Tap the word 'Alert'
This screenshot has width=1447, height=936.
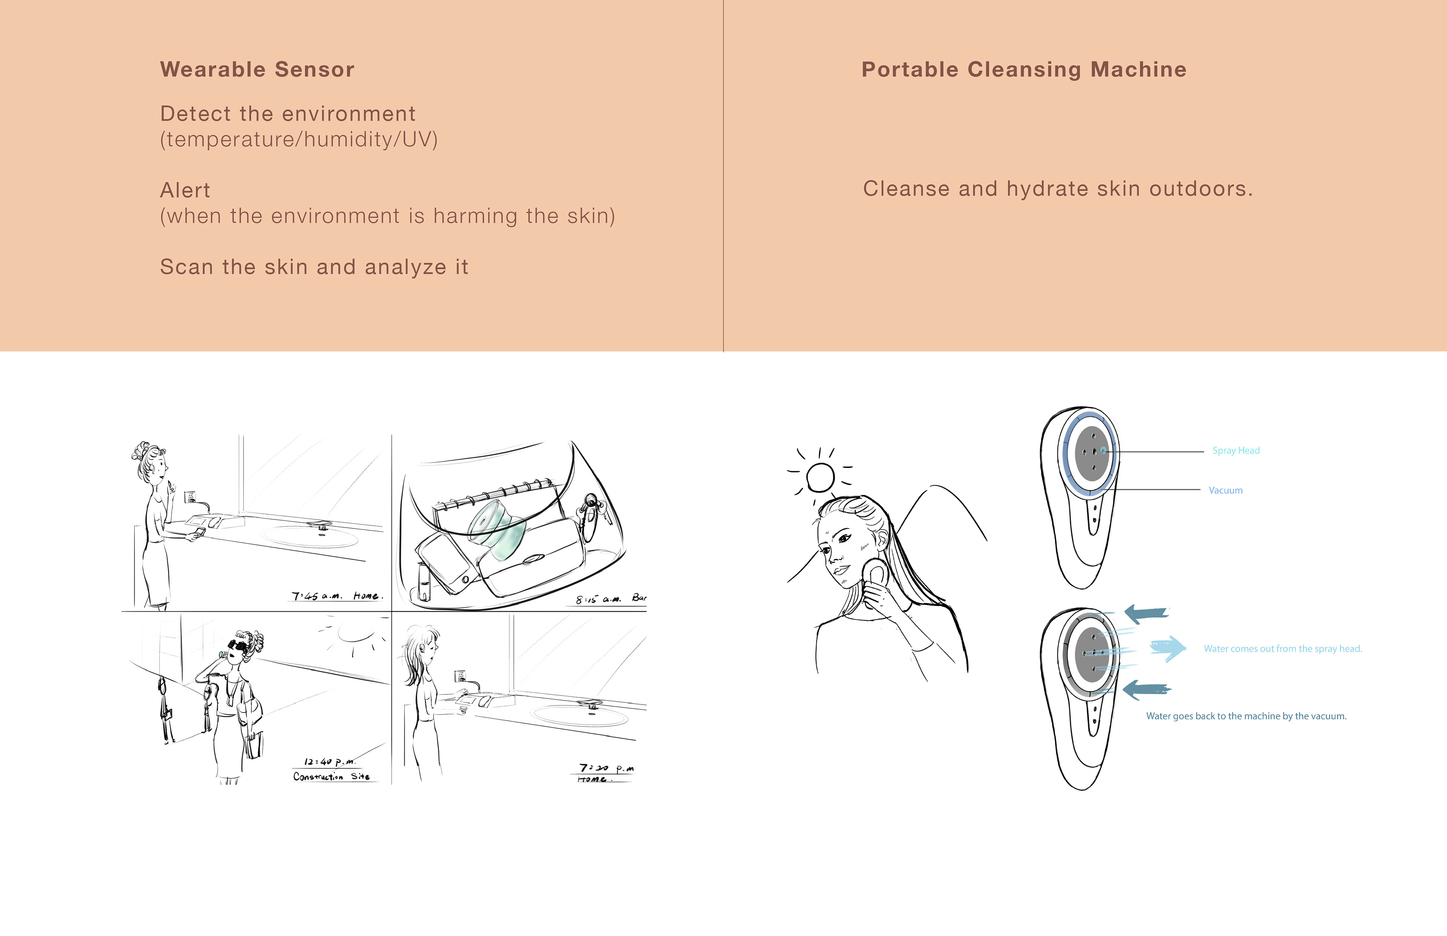coord(185,190)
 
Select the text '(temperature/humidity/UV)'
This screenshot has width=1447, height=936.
coord(298,139)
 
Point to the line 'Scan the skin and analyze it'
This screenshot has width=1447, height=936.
coord(314,267)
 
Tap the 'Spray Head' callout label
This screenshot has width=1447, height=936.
coord(1236,450)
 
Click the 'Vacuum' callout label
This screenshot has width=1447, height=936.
coord(1225,490)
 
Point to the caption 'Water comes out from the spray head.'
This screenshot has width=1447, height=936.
coord(1282,649)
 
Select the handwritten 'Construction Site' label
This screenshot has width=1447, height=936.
coord(331,776)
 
